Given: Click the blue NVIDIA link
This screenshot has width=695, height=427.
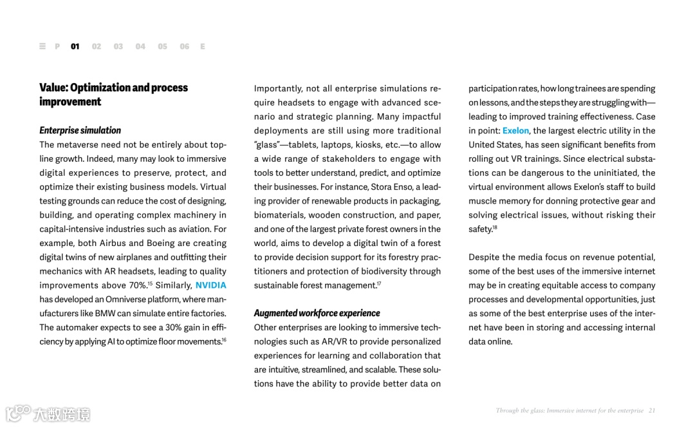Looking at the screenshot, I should point(210,285).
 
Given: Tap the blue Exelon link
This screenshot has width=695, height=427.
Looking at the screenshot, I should point(515,131).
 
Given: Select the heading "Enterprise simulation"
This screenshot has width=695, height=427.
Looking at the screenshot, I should point(80,131).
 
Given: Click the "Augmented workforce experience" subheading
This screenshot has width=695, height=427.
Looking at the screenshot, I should point(317,314).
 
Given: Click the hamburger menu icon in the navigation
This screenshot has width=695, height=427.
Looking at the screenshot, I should point(42,46).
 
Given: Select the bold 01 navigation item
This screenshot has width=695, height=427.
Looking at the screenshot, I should point(75,46).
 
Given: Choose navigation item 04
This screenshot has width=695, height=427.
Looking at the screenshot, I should point(140,46).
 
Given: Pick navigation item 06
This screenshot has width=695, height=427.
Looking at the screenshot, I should point(185,46).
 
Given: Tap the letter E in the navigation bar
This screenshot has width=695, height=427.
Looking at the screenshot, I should point(203,46).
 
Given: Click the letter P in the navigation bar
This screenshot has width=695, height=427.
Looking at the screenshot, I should point(57,46).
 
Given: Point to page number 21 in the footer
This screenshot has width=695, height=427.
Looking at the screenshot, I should point(652,410).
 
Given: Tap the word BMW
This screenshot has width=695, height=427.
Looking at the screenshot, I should point(105,314).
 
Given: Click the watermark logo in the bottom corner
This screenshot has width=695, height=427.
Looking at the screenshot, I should point(48,413).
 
